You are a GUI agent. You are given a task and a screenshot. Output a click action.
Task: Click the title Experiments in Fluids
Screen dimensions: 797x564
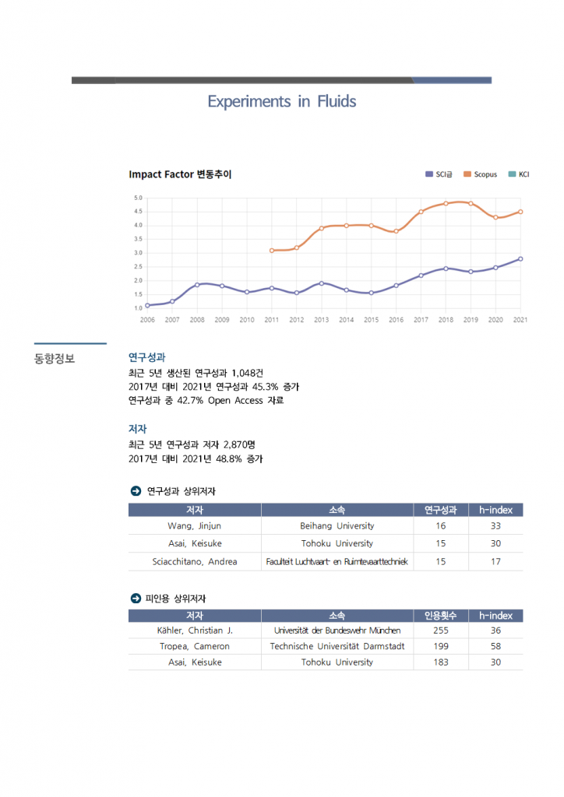click(281, 102)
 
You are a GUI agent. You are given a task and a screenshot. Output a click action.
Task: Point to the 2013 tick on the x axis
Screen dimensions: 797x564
click(322, 319)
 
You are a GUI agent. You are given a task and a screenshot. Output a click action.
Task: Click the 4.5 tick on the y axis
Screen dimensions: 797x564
click(138, 212)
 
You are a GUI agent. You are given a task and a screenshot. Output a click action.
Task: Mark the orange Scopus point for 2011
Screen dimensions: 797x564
click(272, 251)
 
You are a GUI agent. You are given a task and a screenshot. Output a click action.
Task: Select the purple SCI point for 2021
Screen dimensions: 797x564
click(520, 259)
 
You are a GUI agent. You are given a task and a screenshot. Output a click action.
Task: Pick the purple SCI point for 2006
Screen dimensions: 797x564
click(147, 305)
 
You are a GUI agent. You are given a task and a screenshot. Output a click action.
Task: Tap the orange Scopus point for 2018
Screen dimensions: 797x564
click(446, 203)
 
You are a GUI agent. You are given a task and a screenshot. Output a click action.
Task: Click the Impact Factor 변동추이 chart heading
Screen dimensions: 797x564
click(180, 174)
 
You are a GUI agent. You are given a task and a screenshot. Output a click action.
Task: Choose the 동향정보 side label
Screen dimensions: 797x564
click(55, 359)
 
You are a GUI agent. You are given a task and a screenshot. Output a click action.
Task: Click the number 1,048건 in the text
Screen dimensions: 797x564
click(248, 373)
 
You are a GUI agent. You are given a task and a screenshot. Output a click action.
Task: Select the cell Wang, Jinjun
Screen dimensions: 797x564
click(195, 526)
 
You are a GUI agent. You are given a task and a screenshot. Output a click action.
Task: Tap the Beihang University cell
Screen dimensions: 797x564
click(337, 526)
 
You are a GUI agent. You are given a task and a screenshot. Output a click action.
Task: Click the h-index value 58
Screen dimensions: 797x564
click(495, 646)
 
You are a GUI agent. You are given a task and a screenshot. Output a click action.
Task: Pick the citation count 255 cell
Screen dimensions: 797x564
click(441, 630)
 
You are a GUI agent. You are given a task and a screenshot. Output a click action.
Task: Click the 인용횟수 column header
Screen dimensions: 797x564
click(441, 616)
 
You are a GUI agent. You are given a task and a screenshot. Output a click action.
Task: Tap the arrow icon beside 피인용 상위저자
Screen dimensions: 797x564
click(135, 598)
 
